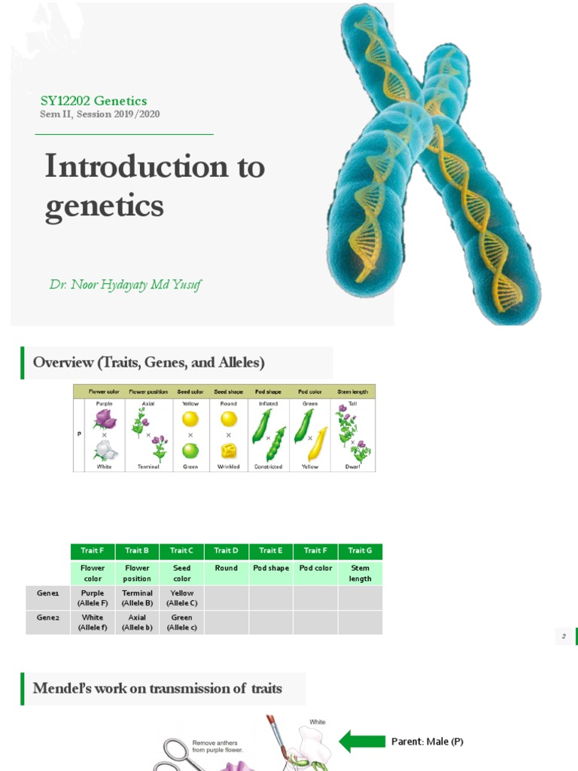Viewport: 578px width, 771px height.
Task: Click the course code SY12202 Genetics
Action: point(93,101)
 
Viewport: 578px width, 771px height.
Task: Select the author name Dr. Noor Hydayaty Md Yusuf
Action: point(125,285)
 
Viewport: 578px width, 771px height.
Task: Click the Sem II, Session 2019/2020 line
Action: point(99,114)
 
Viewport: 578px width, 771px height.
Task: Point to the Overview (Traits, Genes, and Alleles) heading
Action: point(148,363)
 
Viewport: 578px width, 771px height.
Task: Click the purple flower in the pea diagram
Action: point(104,419)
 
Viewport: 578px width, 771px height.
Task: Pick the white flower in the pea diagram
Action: point(105,449)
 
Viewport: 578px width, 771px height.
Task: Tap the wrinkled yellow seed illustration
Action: point(229,451)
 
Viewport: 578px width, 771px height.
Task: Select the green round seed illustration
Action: point(190,450)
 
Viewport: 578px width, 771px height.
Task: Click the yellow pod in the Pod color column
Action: point(318,443)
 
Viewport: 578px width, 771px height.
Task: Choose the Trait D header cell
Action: point(226,550)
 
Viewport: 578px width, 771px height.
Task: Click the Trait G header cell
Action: point(360,550)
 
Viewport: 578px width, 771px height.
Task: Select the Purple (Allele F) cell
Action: point(93,598)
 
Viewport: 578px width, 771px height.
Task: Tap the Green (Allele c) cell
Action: point(181,622)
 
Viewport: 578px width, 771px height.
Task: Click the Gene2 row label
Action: point(47,617)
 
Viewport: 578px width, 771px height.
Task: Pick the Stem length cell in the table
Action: point(360,573)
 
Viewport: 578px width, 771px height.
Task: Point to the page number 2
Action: point(563,637)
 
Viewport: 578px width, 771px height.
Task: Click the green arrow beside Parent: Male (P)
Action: point(362,741)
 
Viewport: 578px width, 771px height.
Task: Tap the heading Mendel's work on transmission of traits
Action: point(157,688)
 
